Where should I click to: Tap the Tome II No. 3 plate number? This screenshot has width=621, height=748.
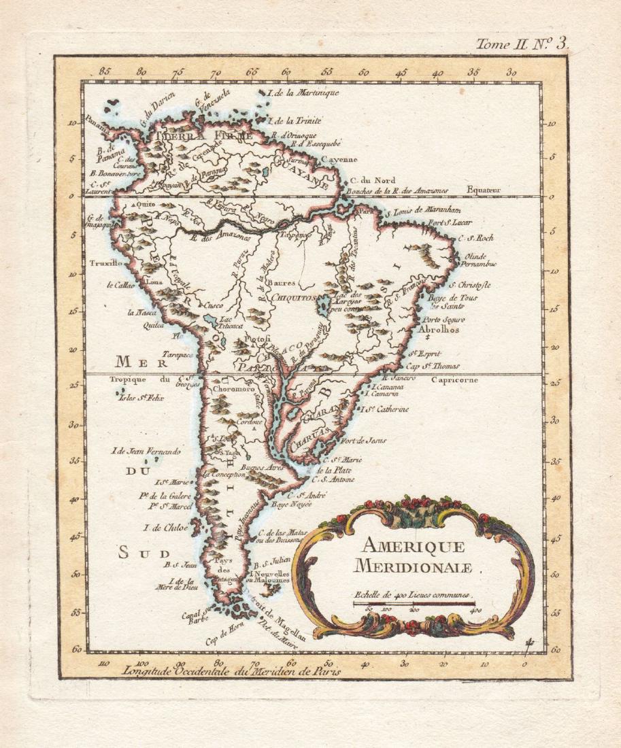click(522, 45)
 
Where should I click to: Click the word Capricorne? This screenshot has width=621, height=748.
click(454, 380)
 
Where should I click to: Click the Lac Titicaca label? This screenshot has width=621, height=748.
click(231, 322)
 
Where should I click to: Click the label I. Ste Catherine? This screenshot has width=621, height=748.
click(386, 409)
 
